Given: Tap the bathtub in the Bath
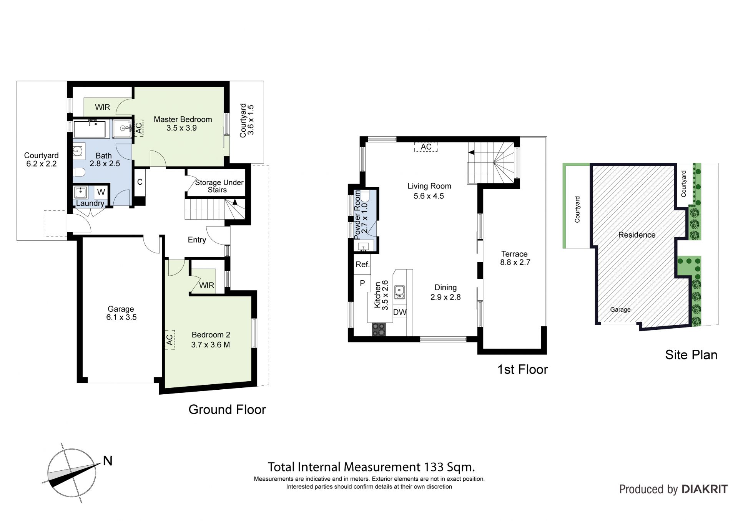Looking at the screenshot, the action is [90, 129].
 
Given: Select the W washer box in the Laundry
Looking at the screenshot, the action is [101, 192].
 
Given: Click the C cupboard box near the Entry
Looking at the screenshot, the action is [140, 182].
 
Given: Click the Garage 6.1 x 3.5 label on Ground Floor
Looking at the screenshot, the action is [121, 313].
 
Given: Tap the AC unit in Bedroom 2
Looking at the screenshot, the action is [170, 339].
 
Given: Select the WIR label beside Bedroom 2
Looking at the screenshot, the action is [207, 285].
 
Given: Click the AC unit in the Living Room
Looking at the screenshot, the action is [426, 147].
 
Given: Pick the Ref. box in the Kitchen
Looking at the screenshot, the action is [362, 265].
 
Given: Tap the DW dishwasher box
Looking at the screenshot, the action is [400, 312].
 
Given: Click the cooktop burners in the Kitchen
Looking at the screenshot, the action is [379, 329].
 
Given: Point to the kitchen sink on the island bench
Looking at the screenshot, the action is [400, 292].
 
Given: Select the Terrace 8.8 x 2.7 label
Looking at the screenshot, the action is [515, 258].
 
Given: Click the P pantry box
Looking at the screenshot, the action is [362, 283].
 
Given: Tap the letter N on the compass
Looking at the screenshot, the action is [108, 461].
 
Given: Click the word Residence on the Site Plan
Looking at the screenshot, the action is [637, 235].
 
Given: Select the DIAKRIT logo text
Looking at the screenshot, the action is [705, 489].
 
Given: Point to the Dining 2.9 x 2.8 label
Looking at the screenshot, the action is [445, 292].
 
